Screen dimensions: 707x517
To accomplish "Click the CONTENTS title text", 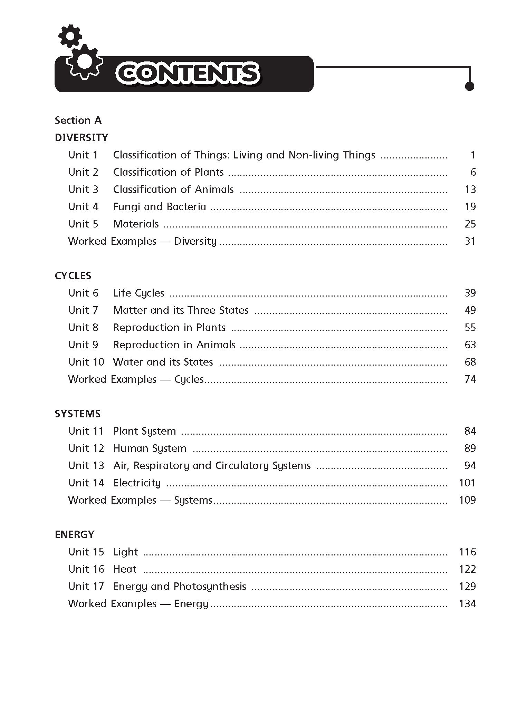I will pos(188,74).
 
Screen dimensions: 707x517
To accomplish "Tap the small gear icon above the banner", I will pos(70,36).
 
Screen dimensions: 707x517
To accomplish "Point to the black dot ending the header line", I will pos(469,86).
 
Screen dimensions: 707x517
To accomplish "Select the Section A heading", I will pos(78,120).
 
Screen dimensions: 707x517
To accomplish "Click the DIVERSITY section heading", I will pos(82,138).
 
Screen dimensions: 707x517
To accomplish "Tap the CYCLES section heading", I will pos(73,276).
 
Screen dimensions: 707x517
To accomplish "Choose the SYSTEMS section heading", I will pos(78,414).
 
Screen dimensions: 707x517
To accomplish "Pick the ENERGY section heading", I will pos(75,535).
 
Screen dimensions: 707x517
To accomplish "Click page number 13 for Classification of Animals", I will pos(470,190).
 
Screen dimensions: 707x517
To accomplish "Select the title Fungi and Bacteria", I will pos(160,207).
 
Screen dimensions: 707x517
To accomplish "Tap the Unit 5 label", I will pos(83,224).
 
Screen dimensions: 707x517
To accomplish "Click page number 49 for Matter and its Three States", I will pos(470,310).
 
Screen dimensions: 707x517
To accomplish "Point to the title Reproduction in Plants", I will pos(169,328).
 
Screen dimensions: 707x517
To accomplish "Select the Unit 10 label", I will pos(86,362).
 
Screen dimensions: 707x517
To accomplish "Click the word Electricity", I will pos(137,483).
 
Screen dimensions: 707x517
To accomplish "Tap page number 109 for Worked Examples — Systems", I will pos(467,500).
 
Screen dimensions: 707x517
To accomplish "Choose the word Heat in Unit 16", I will pos(125,569).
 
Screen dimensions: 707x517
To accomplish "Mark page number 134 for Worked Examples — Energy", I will pos(467,604).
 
